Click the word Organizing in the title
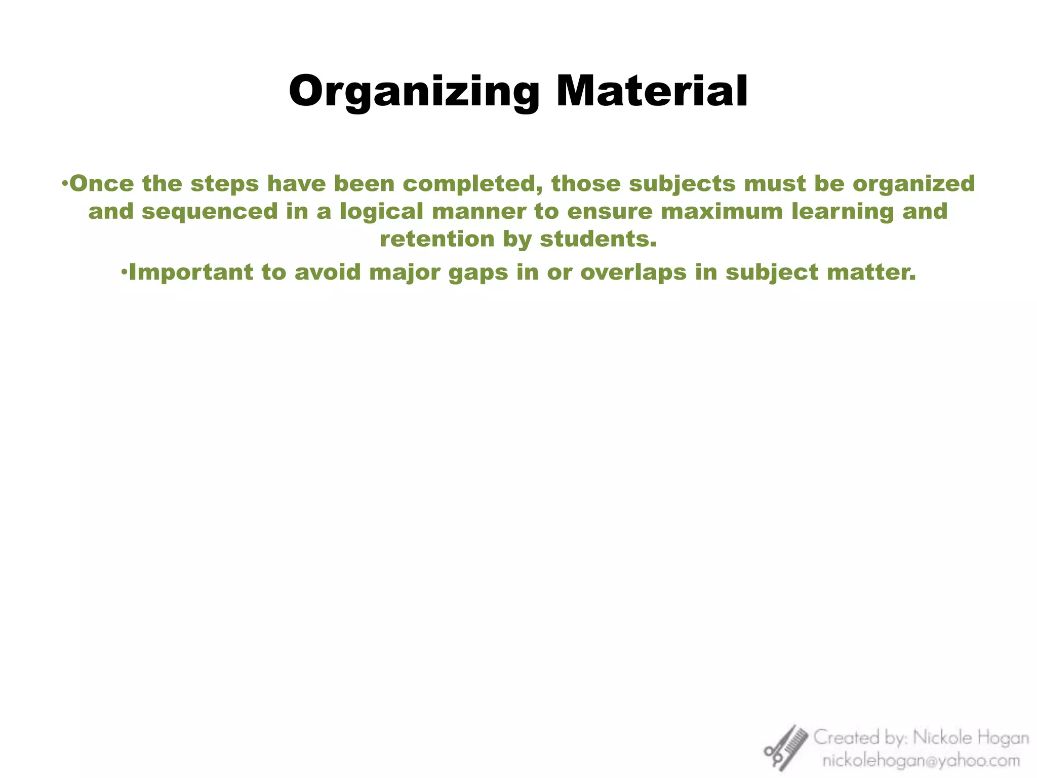click(x=414, y=92)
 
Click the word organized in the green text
click(x=914, y=184)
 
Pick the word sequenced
click(x=210, y=212)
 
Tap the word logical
click(x=381, y=212)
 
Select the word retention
click(x=437, y=239)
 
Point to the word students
click(x=598, y=239)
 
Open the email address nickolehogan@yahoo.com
click(x=921, y=760)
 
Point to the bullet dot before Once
click(x=64, y=184)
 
